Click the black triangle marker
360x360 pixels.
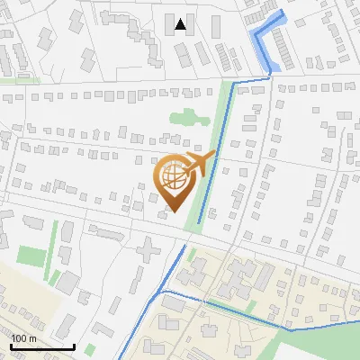click(181, 24)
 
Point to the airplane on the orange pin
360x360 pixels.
click(197, 164)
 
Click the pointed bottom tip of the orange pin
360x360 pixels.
click(168, 211)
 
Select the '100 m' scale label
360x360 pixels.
click(23, 338)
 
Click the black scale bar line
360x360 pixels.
click(42, 346)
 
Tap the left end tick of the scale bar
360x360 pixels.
click(12, 345)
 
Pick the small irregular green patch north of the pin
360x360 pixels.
click(184, 118)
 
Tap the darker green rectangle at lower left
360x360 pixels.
click(31, 256)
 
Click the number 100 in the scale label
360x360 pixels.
click(19, 338)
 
